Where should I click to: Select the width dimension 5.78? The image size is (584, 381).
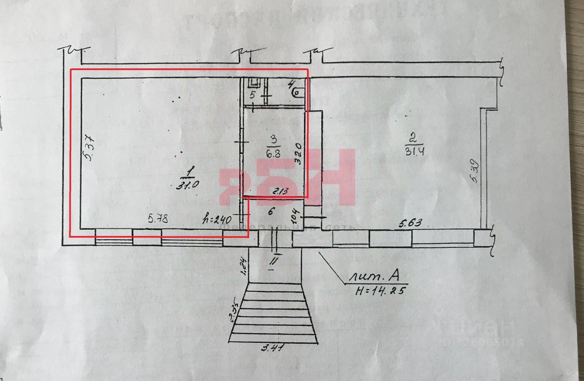(x=158, y=219)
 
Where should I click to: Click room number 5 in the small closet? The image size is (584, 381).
(x=252, y=95)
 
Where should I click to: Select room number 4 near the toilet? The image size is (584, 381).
(x=292, y=84)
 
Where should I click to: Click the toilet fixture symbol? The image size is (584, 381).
(x=297, y=93)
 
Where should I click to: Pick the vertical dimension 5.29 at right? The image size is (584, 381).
(x=474, y=170)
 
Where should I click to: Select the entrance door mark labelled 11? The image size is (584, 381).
(x=273, y=260)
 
